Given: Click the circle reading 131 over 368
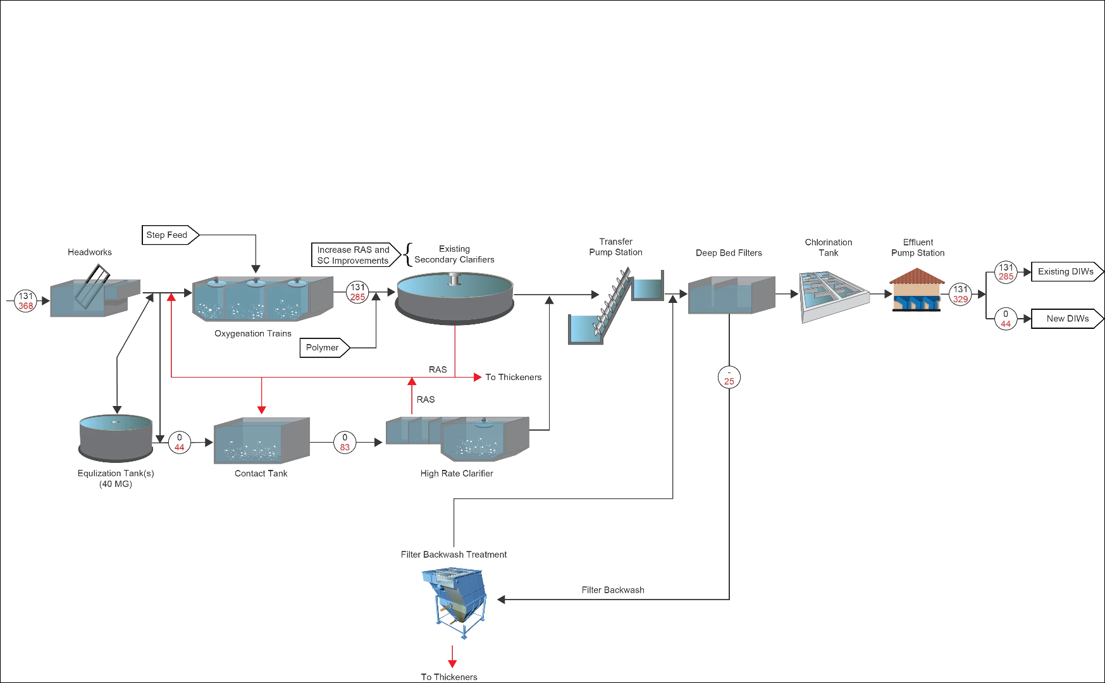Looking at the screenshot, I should [26, 300].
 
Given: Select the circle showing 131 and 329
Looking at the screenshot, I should [960, 295].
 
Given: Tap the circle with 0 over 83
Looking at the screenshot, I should [345, 442].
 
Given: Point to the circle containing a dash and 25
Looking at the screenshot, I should [729, 377].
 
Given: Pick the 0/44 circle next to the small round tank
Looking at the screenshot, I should [180, 442].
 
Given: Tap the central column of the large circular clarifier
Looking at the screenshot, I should [454, 279].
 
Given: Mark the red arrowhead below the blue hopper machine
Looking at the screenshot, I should [452, 662].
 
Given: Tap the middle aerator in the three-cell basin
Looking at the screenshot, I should [256, 284].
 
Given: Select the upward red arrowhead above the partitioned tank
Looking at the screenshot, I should [412, 381].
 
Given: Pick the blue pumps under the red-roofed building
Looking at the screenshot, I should [917, 302].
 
